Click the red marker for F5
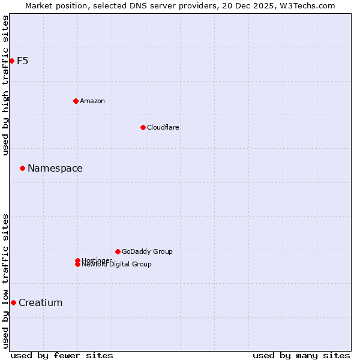coord(11,61)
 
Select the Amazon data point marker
coord(76,101)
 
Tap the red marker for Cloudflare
coord(143,127)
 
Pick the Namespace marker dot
coord(22,168)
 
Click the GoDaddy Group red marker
coord(118,251)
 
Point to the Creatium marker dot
coord(13,302)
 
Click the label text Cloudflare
coord(163,127)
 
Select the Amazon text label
coord(92,101)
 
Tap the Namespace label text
coord(55,168)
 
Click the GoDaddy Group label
coord(147,251)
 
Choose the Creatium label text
coord(41,302)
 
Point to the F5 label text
coord(23,61)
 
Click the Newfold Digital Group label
coord(117,265)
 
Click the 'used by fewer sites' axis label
coord(62,355)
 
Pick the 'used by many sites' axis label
coord(301,355)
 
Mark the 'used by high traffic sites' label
coord(5,86)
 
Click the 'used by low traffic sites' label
coord(5,281)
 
